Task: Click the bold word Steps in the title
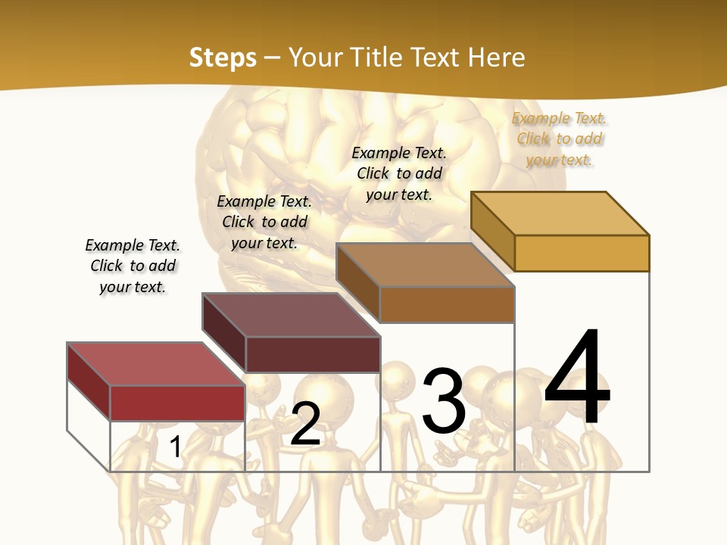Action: pyautogui.click(x=223, y=58)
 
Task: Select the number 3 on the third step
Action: pyautogui.click(x=444, y=400)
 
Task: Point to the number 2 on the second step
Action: pyautogui.click(x=306, y=424)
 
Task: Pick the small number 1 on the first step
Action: pyautogui.click(x=176, y=447)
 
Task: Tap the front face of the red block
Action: pyautogui.click(x=177, y=403)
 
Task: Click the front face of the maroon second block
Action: pyautogui.click(x=313, y=354)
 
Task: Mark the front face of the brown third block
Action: pyautogui.click(x=447, y=304)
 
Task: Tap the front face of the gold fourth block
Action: pyautogui.click(x=582, y=253)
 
